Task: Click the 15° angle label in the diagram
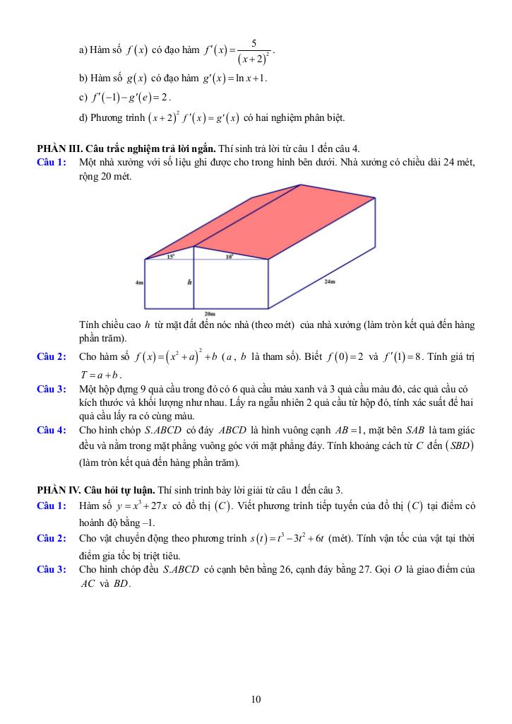[171, 257]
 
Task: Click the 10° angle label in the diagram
[229, 257]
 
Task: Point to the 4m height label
[139, 282]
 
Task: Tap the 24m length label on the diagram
[330, 281]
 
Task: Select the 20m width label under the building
[209, 313]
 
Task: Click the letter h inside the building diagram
[189, 282]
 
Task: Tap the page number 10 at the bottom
[256, 700]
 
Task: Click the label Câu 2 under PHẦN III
[52, 356]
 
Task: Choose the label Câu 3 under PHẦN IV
[52, 569]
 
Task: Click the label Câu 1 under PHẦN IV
[52, 506]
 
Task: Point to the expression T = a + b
[101, 374]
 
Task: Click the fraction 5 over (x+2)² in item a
[253, 51]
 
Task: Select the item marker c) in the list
[83, 97]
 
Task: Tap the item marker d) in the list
[84, 117]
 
